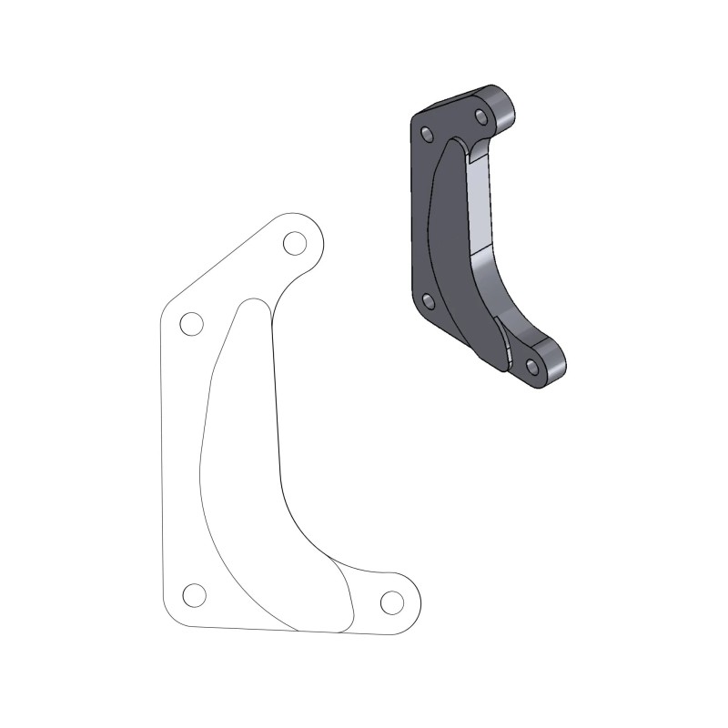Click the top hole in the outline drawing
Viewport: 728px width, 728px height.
pyautogui.click(x=294, y=243)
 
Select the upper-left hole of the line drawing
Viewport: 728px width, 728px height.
pyautogui.click(x=191, y=323)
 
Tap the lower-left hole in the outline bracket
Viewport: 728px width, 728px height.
pyautogui.click(x=194, y=595)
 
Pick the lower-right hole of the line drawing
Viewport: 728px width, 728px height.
pyautogui.click(x=391, y=602)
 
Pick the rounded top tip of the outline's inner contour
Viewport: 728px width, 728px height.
pyautogui.click(x=252, y=305)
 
